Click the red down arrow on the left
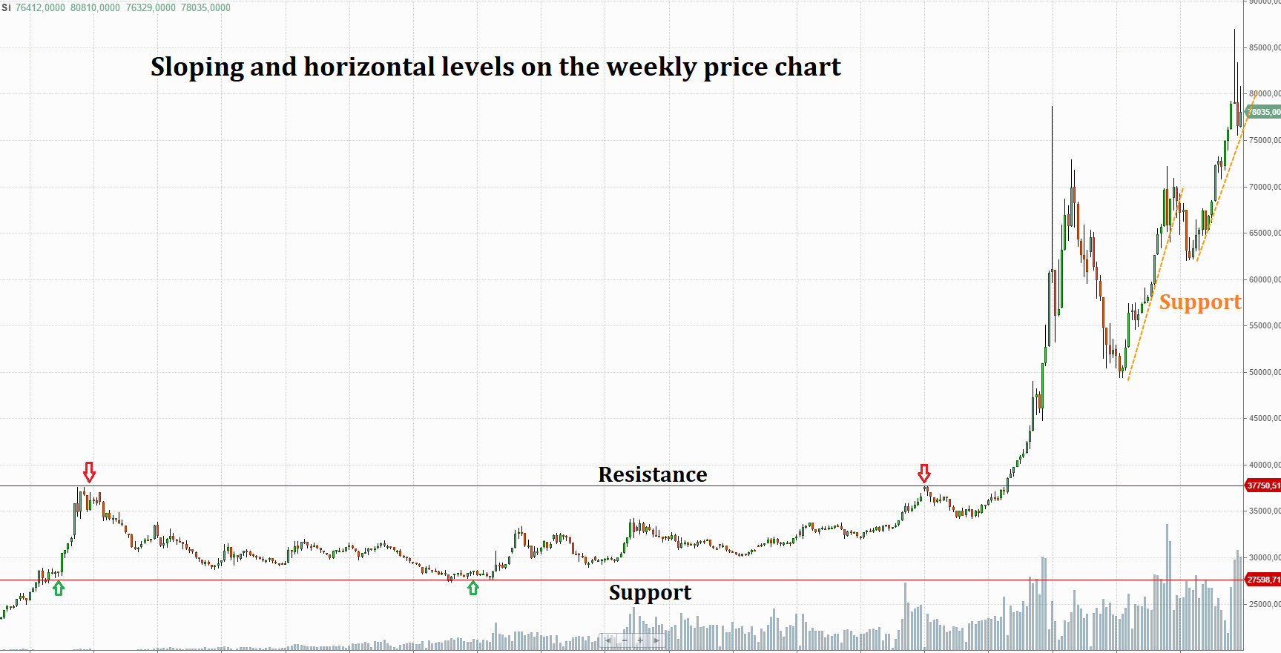(89, 472)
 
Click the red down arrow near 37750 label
(923, 473)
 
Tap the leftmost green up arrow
(59, 589)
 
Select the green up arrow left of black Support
(473, 589)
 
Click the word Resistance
(652, 474)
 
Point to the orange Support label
(1199, 302)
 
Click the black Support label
(650, 593)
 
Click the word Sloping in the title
(197, 67)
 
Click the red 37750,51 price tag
(1262, 485)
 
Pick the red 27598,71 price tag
(1262, 580)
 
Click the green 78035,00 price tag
(1265, 112)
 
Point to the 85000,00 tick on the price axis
(1264, 47)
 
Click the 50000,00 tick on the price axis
(1264, 372)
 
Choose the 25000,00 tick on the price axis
(1264, 604)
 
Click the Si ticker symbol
(6, 7)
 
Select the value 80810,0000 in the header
(95, 7)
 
